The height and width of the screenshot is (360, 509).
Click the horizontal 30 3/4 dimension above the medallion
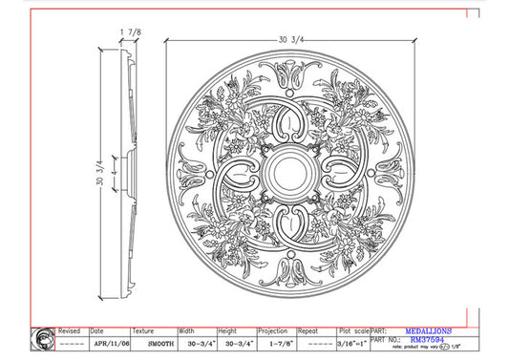tap(290, 39)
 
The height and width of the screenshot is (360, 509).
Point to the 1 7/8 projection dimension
tap(130, 32)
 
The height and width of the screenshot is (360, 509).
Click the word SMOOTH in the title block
tap(147, 341)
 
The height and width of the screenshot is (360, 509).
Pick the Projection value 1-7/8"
tap(277, 341)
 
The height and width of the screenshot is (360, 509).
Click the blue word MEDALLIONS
tap(427, 329)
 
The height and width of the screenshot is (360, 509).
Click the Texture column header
tap(142, 330)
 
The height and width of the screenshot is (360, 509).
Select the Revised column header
tap(69, 330)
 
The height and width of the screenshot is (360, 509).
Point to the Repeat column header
tap(309, 330)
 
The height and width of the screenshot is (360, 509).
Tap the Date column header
tap(96, 330)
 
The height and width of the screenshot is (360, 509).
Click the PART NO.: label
tap(384, 339)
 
